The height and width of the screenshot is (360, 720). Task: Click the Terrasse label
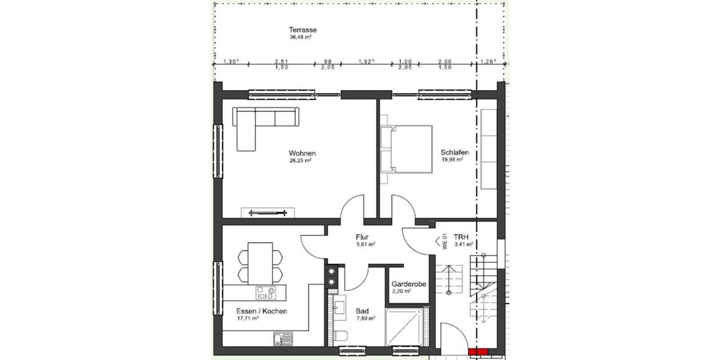pyautogui.click(x=302, y=29)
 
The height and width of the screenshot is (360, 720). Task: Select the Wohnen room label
pyautogui.click(x=302, y=153)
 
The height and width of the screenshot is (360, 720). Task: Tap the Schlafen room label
pyautogui.click(x=454, y=153)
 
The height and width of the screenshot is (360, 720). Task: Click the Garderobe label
pyautogui.click(x=409, y=284)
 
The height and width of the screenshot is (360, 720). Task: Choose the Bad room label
pyautogui.click(x=362, y=311)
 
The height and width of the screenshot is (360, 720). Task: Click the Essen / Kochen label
pyautogui.click(x=262, y=311)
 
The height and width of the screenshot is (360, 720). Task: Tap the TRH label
pyautogui.click(x=461, y=236)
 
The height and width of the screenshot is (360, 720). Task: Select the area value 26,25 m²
pyautogui.click(x=301, y=161)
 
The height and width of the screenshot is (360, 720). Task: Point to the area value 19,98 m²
pyautogui.click(x=453, y=161)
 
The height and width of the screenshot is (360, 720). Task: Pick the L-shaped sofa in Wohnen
pyautogui.click(x=258, y=125)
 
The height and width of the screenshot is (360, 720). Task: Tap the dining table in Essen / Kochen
pyautogui.click(x=260, y=262)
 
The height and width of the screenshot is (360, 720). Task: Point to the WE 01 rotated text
pyautogui.click(x=445, y=241)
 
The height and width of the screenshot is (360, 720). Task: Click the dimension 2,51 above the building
pyautogui.click(x=281, y=61)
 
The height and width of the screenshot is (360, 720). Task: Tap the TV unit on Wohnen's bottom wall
pyautogui.click(x=268, y=212)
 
